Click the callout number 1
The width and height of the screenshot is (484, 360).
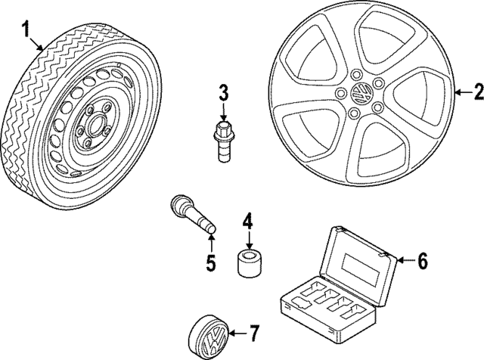[x=27, y=31]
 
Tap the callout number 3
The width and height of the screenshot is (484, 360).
[x=223, y=94]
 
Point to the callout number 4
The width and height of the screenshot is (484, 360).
[x=247, y=222]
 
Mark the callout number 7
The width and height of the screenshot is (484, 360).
[x=254, y=334]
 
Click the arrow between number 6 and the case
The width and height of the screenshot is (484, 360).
[x=405, y=261]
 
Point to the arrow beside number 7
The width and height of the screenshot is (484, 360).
[x=238, y=333]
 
